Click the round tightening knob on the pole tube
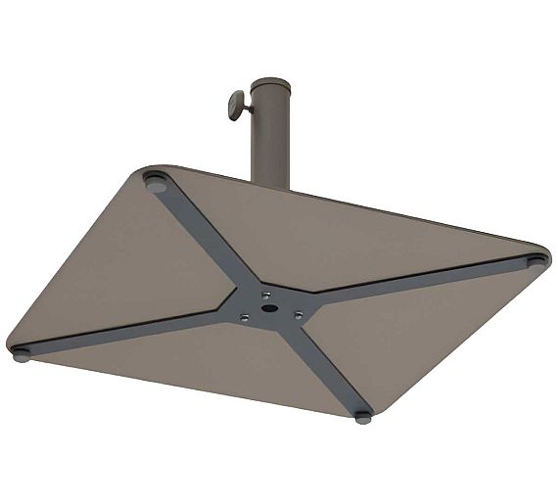click(236, 105)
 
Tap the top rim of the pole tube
click(270, 83)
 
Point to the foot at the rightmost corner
click(536, 261)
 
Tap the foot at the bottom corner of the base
click(363, 416)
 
